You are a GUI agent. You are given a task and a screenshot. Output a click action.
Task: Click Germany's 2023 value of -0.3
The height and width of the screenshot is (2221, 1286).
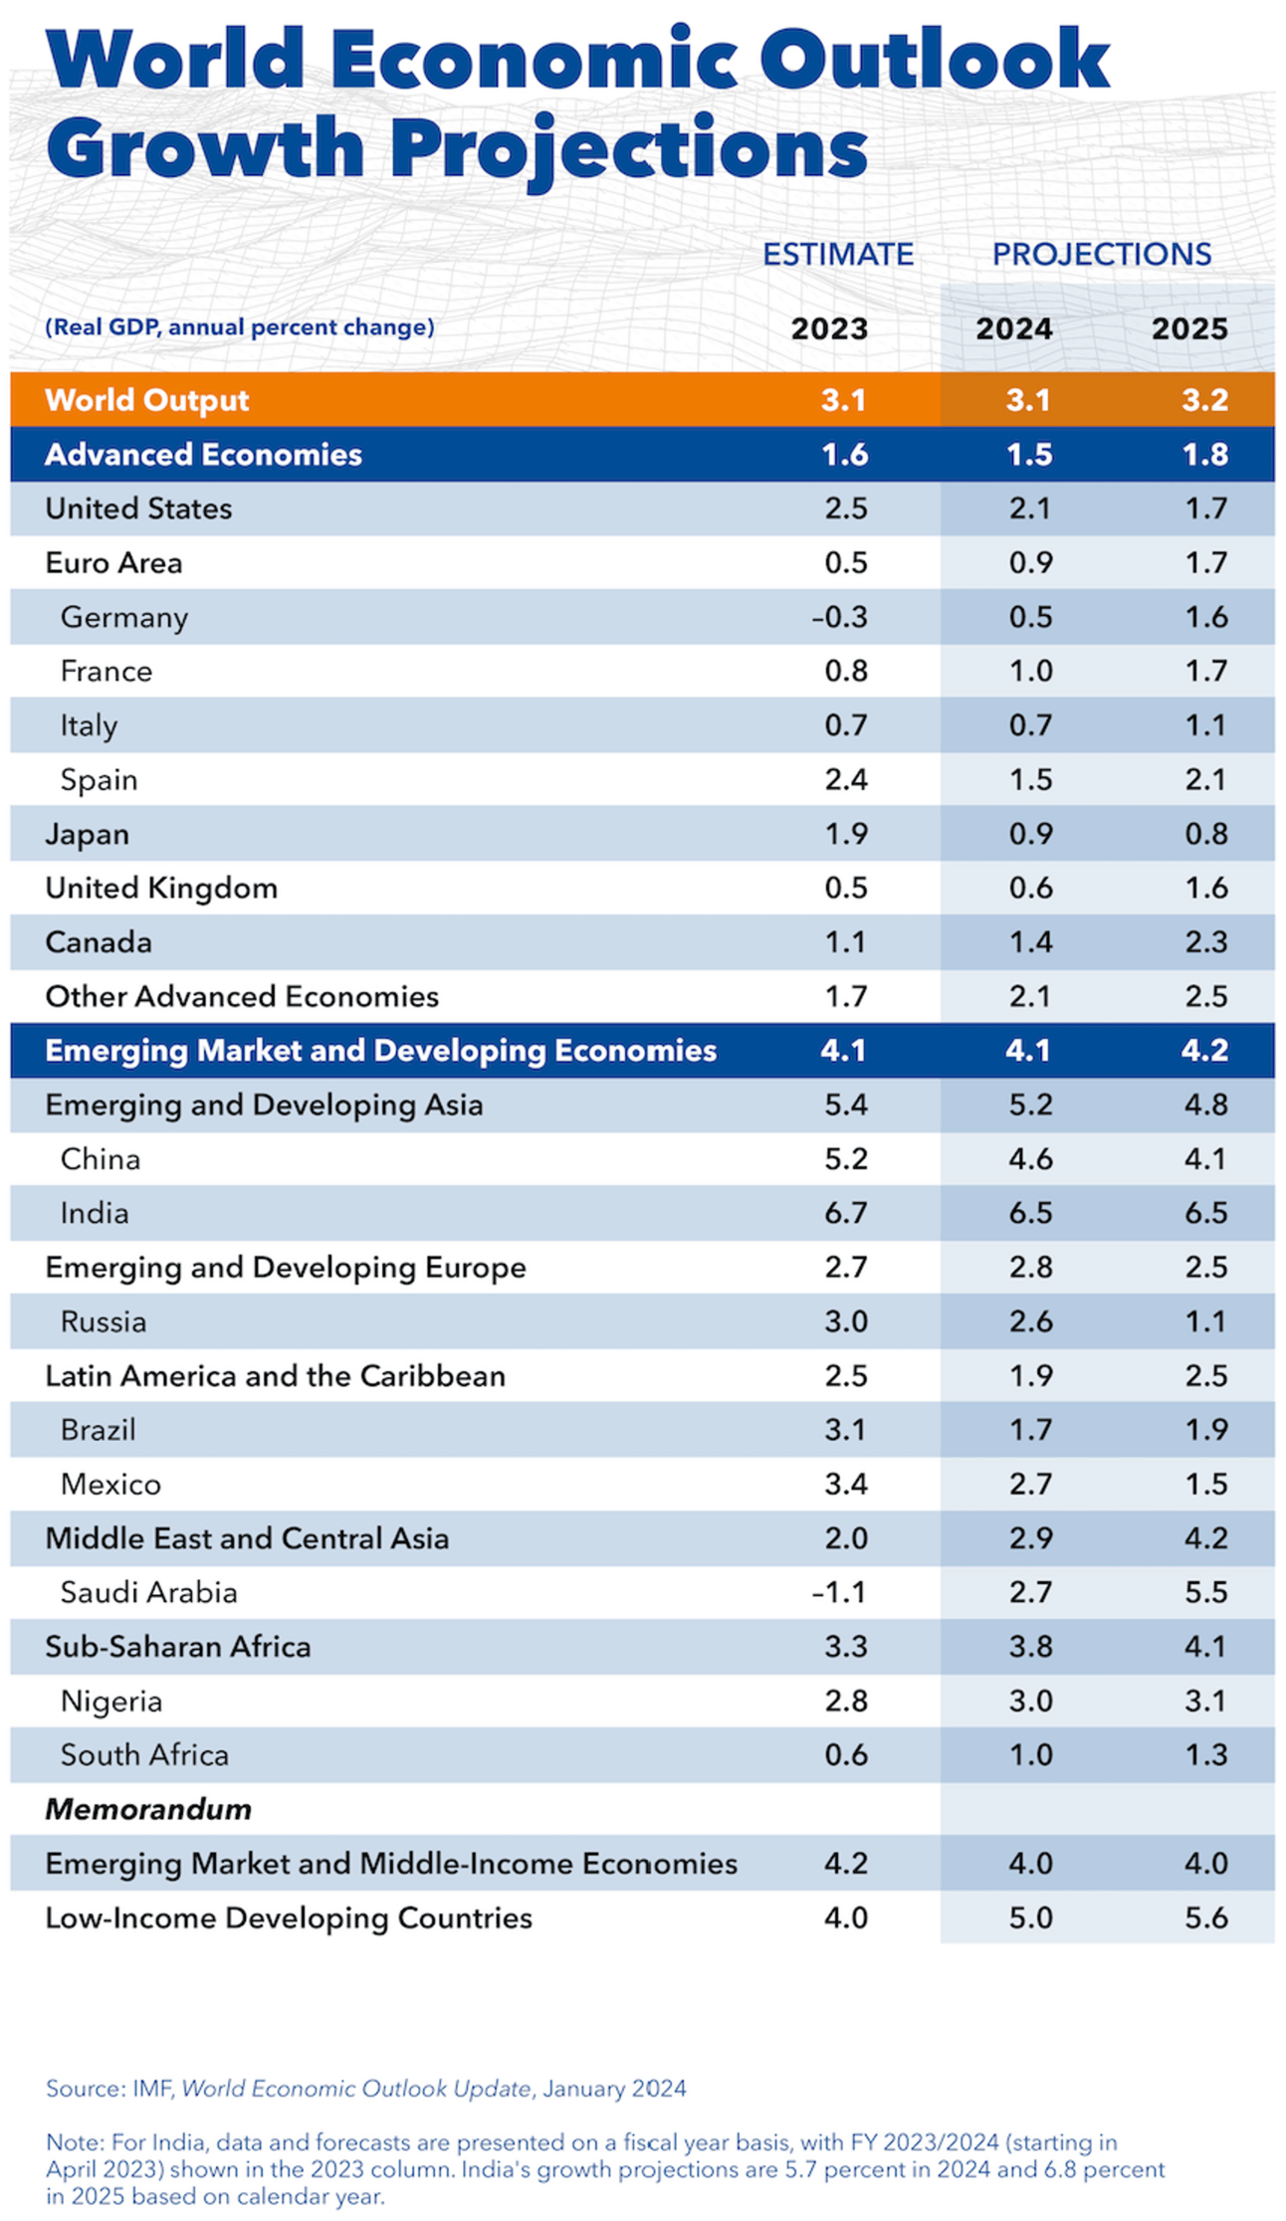click(839, 617)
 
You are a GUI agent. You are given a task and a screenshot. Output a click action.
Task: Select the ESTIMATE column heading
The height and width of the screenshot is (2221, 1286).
click(838, 255)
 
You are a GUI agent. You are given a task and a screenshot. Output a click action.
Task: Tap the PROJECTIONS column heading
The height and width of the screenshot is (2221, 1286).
click(1102, 255)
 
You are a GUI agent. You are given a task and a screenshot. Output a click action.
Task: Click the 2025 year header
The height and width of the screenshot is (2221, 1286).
click(1189, 329)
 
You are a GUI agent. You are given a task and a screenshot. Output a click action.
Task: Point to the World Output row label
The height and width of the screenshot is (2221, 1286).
click(147, 400)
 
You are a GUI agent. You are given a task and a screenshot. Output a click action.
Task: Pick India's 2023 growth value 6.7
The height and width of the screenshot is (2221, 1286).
click(846, 1213)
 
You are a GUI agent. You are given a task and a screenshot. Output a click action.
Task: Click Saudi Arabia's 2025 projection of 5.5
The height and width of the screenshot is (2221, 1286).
click(1206, 1592)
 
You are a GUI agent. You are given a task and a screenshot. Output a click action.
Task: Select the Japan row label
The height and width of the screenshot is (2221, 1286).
click(88, 834)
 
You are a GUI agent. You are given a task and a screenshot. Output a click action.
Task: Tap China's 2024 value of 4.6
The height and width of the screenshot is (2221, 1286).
click(1030, 1159)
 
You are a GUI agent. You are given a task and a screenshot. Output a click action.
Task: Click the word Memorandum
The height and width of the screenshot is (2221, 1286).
click(148, 1809)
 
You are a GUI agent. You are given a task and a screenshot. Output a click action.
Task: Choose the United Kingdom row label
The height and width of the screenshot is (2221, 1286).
click(161, 888)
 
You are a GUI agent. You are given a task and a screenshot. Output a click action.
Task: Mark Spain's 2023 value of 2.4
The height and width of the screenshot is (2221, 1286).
click(846, 779)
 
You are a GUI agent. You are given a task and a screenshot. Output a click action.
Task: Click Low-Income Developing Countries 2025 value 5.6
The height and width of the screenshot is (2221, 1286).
click(1206, 1918)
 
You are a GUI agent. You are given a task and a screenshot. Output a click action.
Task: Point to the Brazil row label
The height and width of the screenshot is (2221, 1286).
click(98, 1430)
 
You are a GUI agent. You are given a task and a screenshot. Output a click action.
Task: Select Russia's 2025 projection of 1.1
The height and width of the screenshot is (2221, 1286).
click(1206, 1321)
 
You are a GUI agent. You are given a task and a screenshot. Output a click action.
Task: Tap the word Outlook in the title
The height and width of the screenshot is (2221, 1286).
click(935, 60)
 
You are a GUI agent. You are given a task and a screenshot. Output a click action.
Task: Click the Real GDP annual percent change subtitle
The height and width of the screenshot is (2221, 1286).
click(240, 327)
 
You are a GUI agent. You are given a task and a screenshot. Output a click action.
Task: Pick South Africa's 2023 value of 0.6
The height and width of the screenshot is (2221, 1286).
click(846, 1754)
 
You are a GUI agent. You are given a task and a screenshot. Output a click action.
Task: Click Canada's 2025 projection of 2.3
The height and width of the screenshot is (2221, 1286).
click(1206, 942)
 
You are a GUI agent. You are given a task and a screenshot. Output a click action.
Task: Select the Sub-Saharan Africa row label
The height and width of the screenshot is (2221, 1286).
click(178, 1647)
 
